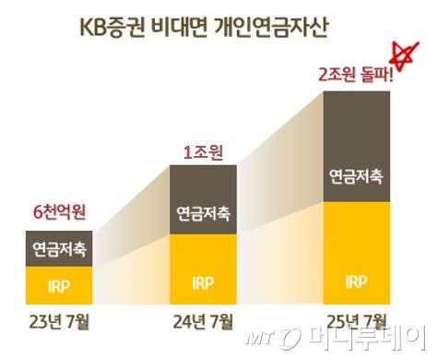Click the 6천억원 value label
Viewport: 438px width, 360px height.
(x=59, y=213)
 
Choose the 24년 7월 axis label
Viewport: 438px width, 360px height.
(x=203, y=323)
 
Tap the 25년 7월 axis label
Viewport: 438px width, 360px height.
(x=356, y=323)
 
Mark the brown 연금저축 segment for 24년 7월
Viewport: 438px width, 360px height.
(x=203, y=199)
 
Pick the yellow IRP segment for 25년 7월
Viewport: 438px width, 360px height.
(x=356, y=249)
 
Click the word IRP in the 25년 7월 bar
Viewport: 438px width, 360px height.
(x=356, y=281)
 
